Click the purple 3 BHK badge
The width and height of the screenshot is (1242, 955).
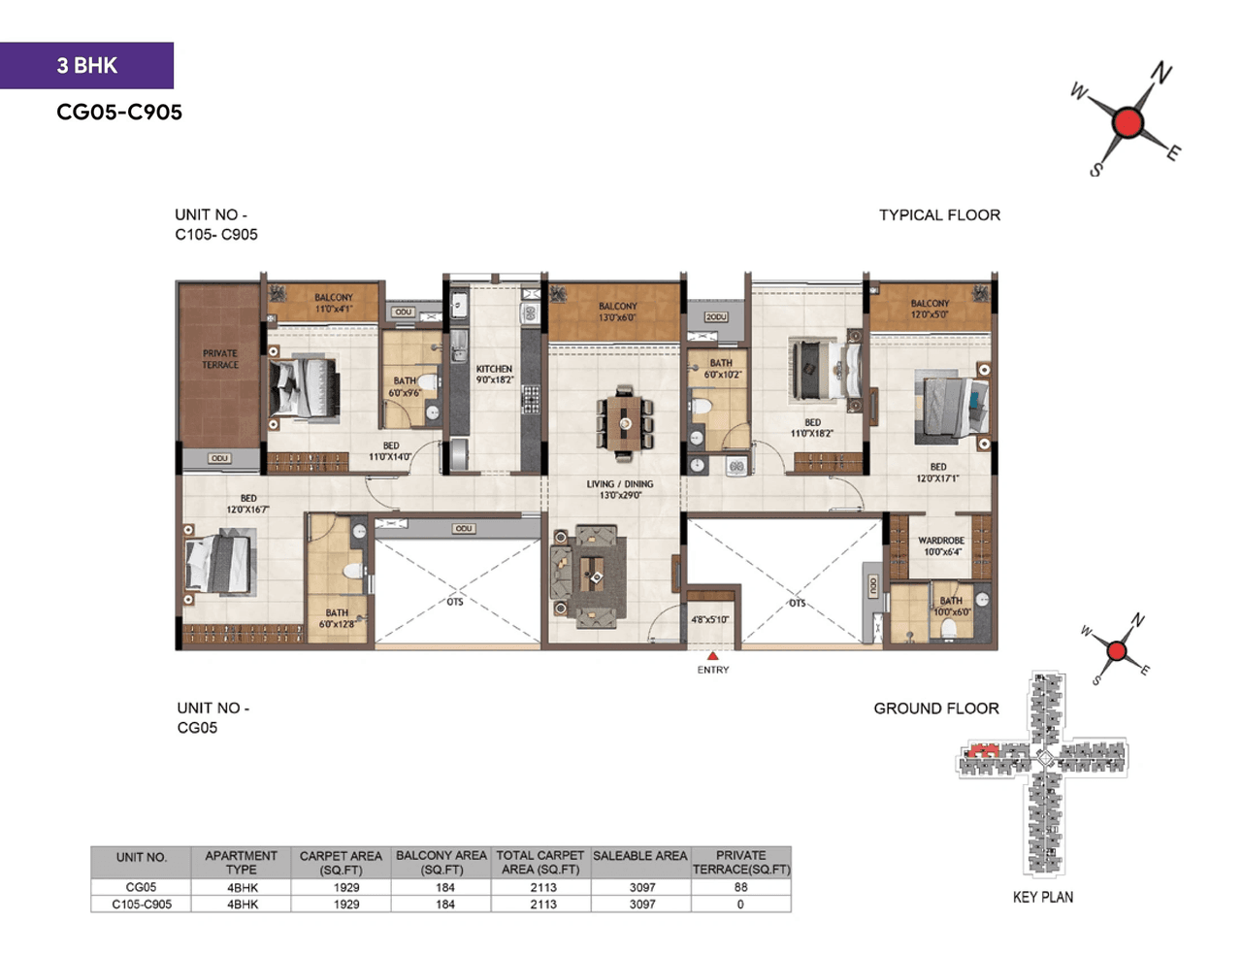coord(86,65)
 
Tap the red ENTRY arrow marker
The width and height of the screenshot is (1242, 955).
coord(712,657)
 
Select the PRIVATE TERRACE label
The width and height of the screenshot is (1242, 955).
coord(220,359)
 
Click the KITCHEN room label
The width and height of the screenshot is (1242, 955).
coord(494,375)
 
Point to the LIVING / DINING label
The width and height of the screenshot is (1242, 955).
coord(619,489)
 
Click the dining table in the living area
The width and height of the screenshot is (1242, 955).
coord(625,422)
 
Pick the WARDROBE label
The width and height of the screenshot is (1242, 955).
coord(940,546)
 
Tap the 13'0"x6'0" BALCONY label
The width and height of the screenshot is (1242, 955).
coord(617,312)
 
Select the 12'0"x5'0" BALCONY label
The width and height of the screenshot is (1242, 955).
coord(930,309)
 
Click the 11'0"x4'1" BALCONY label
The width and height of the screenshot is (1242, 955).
coord(334,303)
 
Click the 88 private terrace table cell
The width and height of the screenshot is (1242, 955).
coord(740,887)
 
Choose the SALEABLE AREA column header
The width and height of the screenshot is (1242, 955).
coord(639,856)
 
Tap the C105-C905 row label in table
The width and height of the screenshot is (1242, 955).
coord(142,904)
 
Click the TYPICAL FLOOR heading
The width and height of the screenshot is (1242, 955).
coord(939,215)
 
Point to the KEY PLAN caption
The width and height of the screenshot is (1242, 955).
coord(1042,897)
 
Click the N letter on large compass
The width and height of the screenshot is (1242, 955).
coord(1161,74)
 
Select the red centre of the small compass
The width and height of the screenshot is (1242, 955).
coord(1117,651)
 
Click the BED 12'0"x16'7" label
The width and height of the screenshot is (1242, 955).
coord(248,504)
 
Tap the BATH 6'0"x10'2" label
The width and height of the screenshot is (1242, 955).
coord(721,369)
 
